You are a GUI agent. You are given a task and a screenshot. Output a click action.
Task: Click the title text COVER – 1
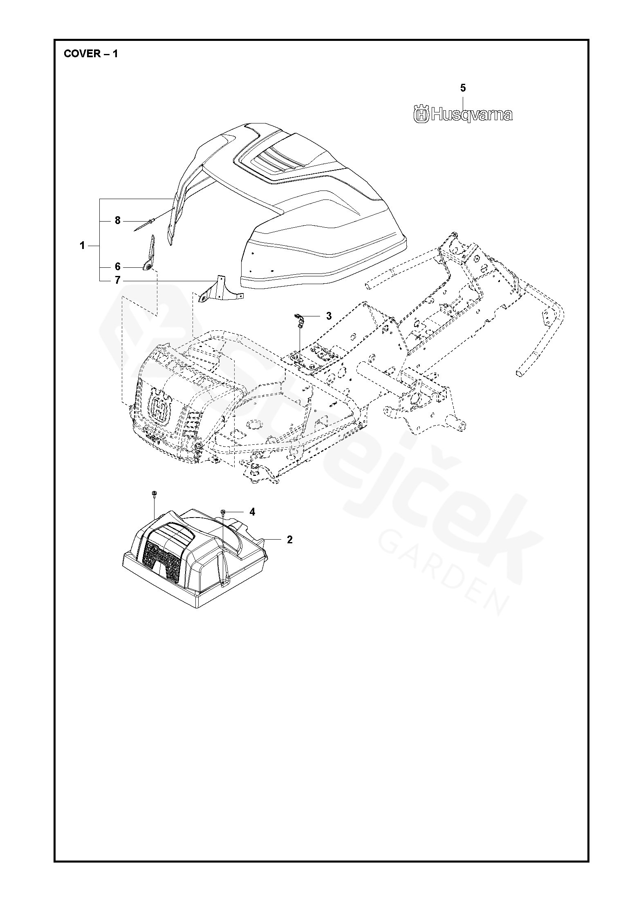click(x=91, y=54)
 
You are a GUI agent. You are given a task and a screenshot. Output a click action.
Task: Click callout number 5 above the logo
click(x=463, y=88)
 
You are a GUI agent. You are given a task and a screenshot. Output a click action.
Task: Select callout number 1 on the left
click(x=82, y=246)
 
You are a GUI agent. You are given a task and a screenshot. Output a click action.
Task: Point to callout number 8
click(x=118, y=221)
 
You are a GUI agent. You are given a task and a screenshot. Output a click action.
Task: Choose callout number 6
click(x=118, y=267)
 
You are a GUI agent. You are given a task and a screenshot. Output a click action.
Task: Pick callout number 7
click(x=118, y=280)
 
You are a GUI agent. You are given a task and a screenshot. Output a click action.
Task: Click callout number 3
click(x=329, y=316)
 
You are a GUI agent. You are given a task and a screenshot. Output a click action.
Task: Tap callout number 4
click(x=252, y=512)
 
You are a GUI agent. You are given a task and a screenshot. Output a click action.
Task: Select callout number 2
click(x=290, y=540)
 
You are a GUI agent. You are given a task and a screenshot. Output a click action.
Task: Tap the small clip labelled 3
click(x=299, y=318)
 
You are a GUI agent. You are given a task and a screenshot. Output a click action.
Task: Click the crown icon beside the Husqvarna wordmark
click(x=421, y=114)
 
